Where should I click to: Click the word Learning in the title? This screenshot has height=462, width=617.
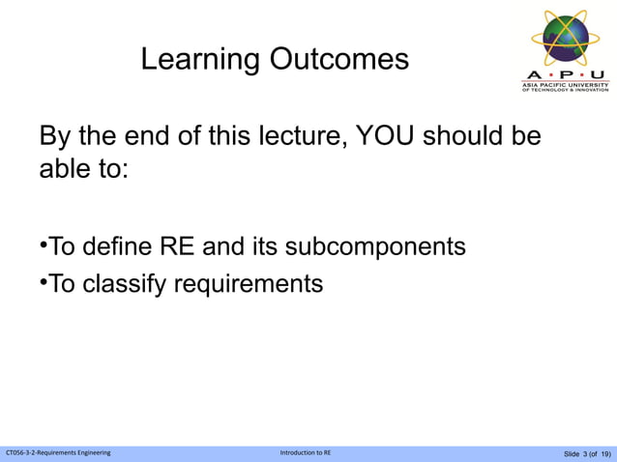pos(200,60)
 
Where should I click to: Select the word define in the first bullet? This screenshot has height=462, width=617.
pos(120,246)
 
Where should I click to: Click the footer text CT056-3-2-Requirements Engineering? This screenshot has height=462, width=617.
pos(58,453)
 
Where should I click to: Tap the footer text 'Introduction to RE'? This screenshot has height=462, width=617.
pos(305,453)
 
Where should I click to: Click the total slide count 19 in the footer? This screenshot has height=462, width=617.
pos(604,454)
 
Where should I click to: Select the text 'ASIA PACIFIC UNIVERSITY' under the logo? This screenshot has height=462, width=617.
pos(566,84)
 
